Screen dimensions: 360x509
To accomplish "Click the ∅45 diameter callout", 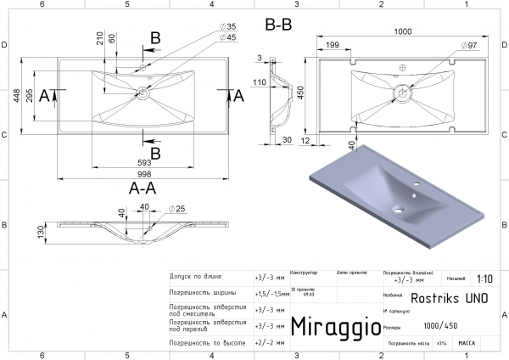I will click(x=227, y=38).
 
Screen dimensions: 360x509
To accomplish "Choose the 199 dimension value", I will click(x=333, y=44).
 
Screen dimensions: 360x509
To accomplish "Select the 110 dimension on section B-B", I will click(x=260, y=82).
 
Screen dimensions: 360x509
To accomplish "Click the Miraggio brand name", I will click(x=330, y=327).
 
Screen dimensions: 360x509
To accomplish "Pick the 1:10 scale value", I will click(x=485, y=278).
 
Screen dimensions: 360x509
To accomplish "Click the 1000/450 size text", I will click(x=439, y=325).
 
